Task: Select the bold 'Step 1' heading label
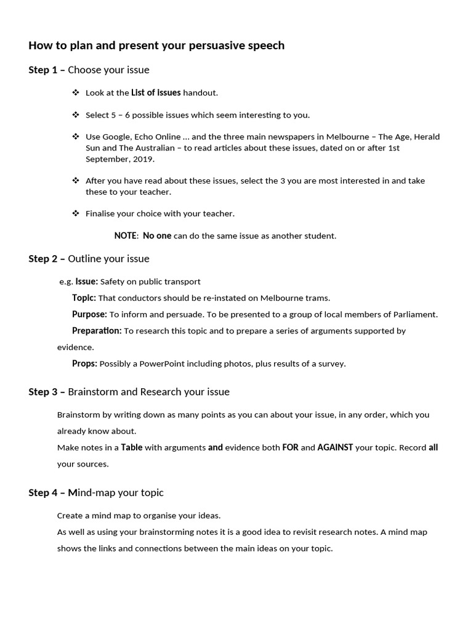43,70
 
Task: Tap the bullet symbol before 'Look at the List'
76,92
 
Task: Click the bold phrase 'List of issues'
156,92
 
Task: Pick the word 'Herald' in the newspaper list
426,137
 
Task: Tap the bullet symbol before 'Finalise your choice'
76,213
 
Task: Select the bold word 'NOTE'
126,235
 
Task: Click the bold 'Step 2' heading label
43,258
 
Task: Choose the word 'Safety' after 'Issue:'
112,282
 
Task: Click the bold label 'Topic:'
84,298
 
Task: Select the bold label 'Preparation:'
97,331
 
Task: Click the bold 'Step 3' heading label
43,392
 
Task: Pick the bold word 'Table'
131,447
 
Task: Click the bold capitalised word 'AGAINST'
335,447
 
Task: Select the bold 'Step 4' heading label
43,492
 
